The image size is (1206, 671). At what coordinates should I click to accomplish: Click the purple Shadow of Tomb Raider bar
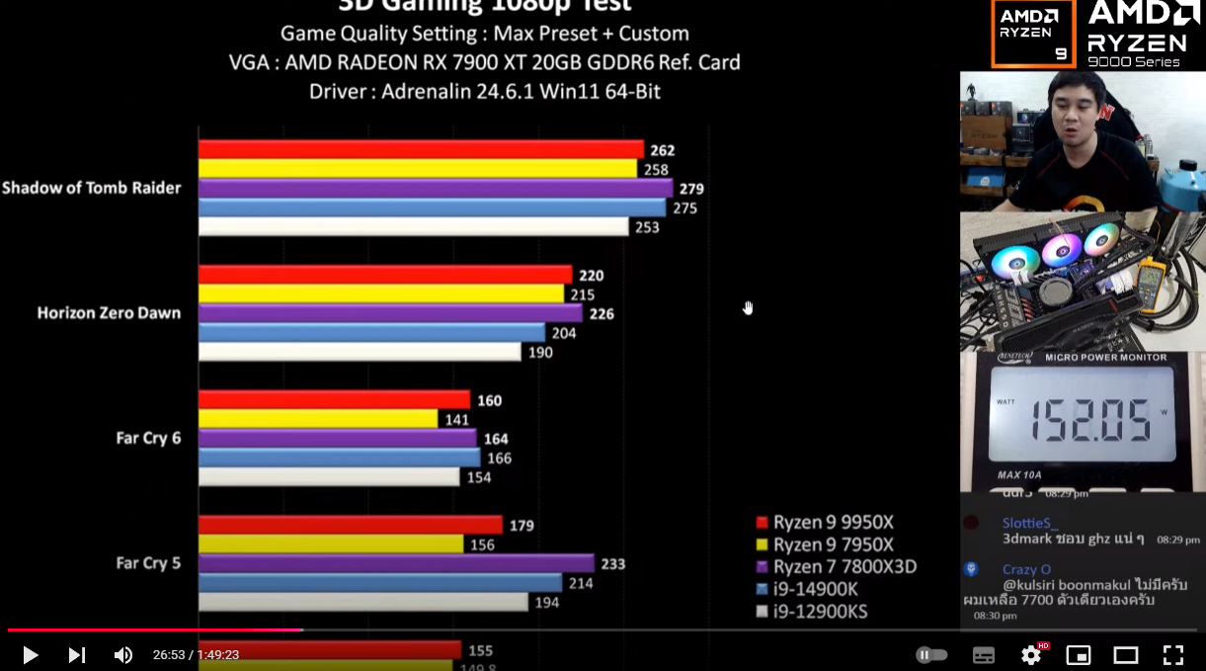435,188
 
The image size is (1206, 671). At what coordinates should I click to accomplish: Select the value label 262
662,150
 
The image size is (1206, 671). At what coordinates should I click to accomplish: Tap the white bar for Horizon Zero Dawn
360,352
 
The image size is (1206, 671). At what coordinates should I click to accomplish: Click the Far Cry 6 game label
148,438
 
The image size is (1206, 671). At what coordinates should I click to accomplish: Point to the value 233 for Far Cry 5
612,564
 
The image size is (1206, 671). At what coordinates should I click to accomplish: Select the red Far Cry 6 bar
334,400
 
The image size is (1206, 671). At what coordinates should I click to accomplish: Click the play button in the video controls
30,654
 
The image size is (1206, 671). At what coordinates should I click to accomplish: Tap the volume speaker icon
122,654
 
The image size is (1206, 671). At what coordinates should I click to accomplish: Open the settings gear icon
1031,654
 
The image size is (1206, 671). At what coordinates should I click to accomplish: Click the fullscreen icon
1172,654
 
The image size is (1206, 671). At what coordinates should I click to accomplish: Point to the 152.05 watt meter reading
1090,419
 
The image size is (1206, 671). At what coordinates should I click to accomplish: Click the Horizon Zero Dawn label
109,313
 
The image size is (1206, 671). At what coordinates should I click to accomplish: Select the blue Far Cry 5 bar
380,583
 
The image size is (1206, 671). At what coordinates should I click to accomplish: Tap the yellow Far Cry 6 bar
318,419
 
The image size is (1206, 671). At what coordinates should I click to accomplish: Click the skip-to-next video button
76,654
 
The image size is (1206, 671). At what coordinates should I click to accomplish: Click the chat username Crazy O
1026,569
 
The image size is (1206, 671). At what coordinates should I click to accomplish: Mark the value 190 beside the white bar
540,353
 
